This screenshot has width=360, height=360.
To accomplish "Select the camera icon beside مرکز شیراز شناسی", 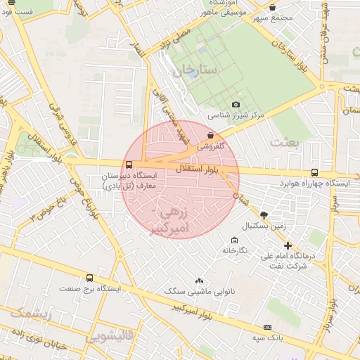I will pyautogui.click(x=197, y=104).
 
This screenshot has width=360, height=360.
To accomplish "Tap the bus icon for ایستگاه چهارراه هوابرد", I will pyautogui.click(x=314, y=172).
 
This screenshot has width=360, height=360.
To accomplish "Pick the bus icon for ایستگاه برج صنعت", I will pyautogui.click(x=89, y=278).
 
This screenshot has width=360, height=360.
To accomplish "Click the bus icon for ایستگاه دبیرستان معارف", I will pyautogui.click(x=127, y=165).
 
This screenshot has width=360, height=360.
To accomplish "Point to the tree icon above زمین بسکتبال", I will pyautogui.click(x=264, y=214).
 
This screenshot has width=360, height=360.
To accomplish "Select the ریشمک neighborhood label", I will pyautogui.click(x=30, y=314).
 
